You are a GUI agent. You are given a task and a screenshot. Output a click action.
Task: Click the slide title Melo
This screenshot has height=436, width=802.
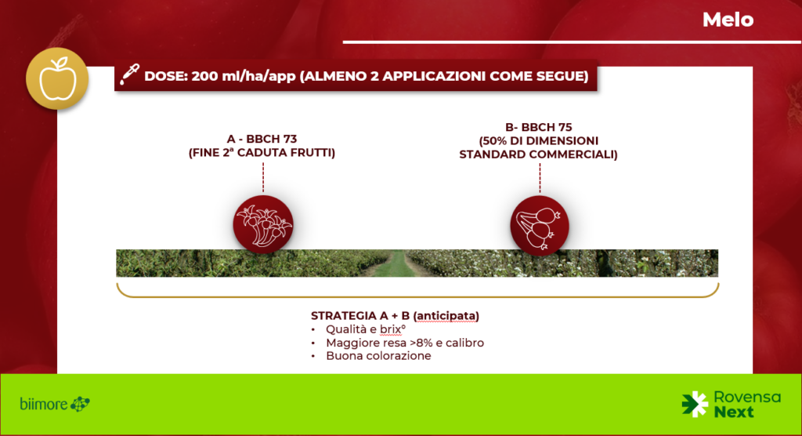(728, 20)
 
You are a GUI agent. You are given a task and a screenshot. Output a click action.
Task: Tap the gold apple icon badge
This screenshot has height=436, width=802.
(57, 78)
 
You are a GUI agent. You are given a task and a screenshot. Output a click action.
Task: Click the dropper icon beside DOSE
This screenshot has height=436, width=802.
(129, 74)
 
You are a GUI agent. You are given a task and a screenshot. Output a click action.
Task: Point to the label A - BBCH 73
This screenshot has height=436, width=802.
(262, 139)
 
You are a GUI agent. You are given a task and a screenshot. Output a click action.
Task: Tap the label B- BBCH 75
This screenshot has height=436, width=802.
(539, 127)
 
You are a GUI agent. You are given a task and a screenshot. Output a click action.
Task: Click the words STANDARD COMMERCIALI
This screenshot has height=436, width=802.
(538, 154)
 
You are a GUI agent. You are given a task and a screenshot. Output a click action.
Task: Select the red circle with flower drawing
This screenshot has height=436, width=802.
(263, 224)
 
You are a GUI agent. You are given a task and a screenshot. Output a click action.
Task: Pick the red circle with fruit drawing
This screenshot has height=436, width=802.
(540, 225)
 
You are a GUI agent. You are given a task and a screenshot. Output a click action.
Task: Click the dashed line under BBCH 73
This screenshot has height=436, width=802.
(263, 178)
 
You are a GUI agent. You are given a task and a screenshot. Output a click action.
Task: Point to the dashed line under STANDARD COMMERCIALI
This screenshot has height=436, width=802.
(540, 179)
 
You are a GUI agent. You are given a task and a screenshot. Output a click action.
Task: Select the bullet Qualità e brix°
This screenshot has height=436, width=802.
(366, 329)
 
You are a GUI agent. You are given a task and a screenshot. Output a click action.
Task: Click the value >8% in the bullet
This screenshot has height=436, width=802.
(421, 343)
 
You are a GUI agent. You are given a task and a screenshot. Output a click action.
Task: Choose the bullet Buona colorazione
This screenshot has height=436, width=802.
(378, 356)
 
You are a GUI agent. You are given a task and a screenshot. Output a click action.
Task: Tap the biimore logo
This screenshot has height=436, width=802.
(55, 404)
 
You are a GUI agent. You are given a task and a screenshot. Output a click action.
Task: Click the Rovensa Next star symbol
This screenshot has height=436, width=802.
(695, 404)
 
